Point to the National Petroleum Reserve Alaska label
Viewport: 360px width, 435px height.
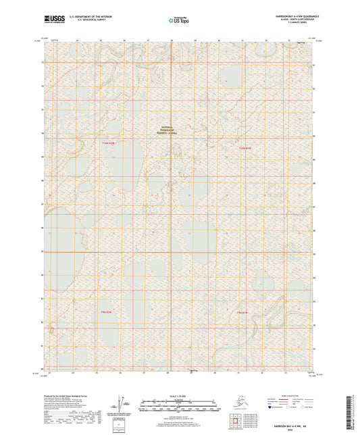point(167,131)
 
